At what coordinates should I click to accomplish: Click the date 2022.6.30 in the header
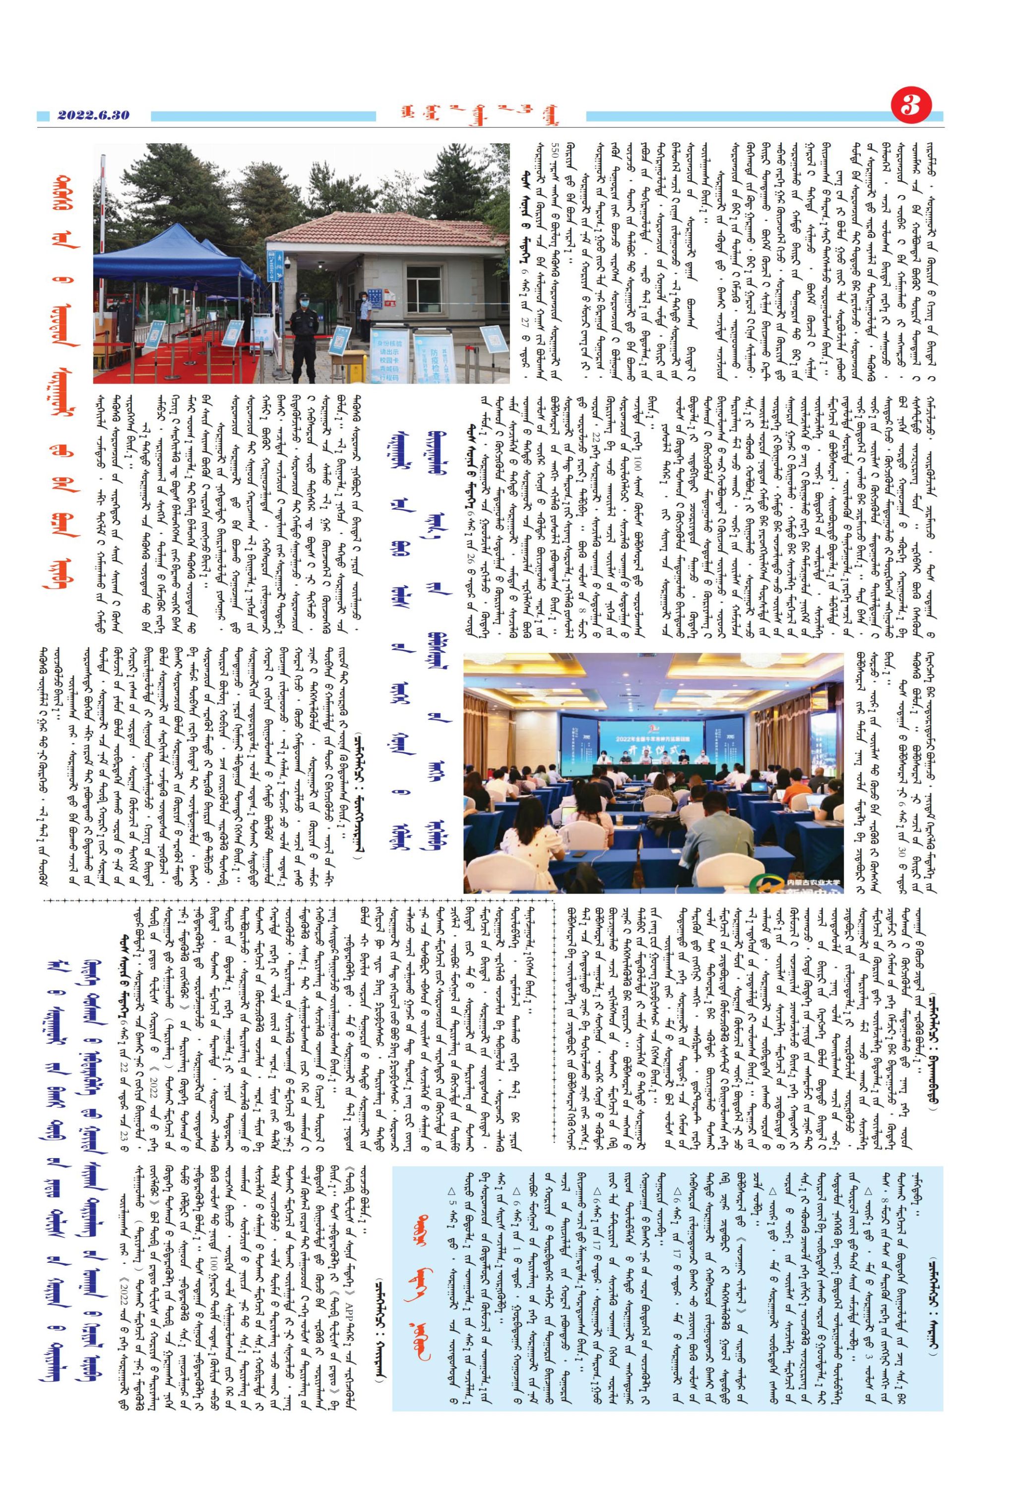pos(93,115)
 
